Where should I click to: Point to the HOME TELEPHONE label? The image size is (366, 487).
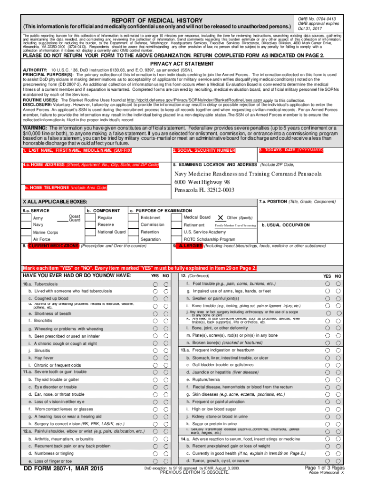[67, 188]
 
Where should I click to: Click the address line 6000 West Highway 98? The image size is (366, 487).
[202, 182]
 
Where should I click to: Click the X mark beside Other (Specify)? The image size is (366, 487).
[220, 217]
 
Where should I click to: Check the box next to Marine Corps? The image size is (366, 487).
[27, 233]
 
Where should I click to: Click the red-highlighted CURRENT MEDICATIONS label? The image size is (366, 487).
[53, 246]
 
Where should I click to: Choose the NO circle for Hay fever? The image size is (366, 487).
[166, 357]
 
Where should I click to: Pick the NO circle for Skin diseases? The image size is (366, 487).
[338, 394]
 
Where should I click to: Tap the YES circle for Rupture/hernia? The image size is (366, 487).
[327, 380]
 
